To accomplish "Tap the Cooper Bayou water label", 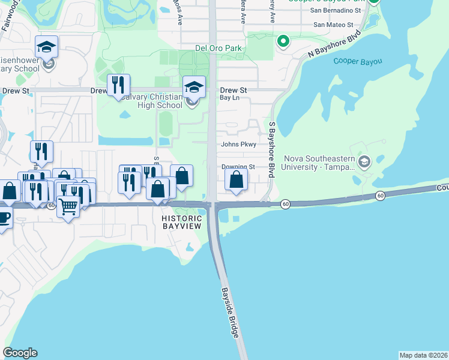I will pos(354,61).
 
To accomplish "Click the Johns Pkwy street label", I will pos(238,144).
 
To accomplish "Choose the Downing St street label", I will pos(238,167).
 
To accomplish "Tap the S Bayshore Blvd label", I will pos(272,149).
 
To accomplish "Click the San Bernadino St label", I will pos(336,10).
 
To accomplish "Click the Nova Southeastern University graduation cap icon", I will pos(364,161).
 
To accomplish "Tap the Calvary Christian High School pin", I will pos(194,88).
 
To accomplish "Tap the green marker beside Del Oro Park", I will pos(283,41).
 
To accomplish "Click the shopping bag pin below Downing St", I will pos(237,179).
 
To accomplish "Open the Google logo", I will pos(20,353).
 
